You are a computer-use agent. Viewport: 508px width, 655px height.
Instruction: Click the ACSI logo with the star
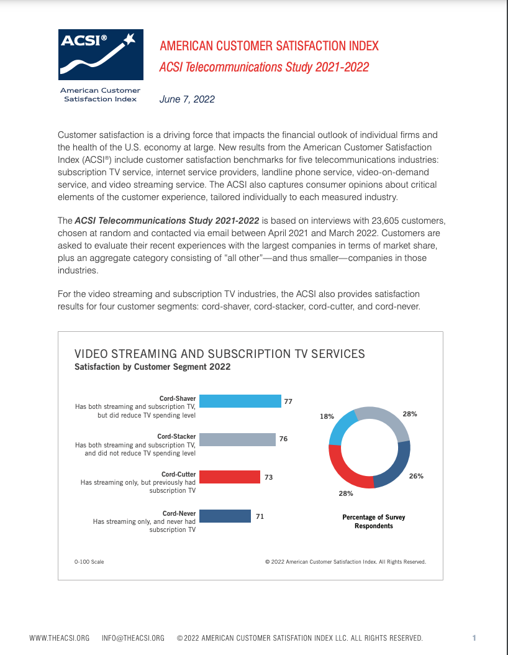100,54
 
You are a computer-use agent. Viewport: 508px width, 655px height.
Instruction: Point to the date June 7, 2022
187,99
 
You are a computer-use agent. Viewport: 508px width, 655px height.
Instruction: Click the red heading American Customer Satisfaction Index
269,46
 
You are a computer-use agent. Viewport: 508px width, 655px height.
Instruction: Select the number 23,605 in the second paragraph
366,221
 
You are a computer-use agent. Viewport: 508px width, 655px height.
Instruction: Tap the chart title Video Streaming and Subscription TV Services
219,354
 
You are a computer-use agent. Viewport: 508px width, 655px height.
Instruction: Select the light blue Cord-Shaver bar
241,401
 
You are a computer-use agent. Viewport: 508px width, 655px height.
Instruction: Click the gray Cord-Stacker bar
238,439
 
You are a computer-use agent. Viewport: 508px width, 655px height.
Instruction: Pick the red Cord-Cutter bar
230,477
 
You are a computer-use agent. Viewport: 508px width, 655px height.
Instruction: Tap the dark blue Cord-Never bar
225,516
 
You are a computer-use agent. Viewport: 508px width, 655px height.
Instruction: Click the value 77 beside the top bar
288,401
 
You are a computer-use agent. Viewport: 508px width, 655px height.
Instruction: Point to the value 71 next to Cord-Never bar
260,516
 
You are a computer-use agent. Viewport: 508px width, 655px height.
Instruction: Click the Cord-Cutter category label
179,475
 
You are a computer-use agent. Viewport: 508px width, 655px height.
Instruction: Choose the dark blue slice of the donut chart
395,466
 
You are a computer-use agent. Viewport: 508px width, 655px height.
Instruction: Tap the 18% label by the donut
327,416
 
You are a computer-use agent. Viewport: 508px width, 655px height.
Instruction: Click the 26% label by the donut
415,477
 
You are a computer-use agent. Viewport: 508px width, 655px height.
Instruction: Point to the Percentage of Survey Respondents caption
374,521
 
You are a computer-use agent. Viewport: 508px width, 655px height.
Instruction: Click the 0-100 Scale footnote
89,562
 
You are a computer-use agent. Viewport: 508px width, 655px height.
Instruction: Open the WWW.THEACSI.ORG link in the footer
60,638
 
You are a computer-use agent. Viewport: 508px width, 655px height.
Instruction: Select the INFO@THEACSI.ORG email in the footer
133,638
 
